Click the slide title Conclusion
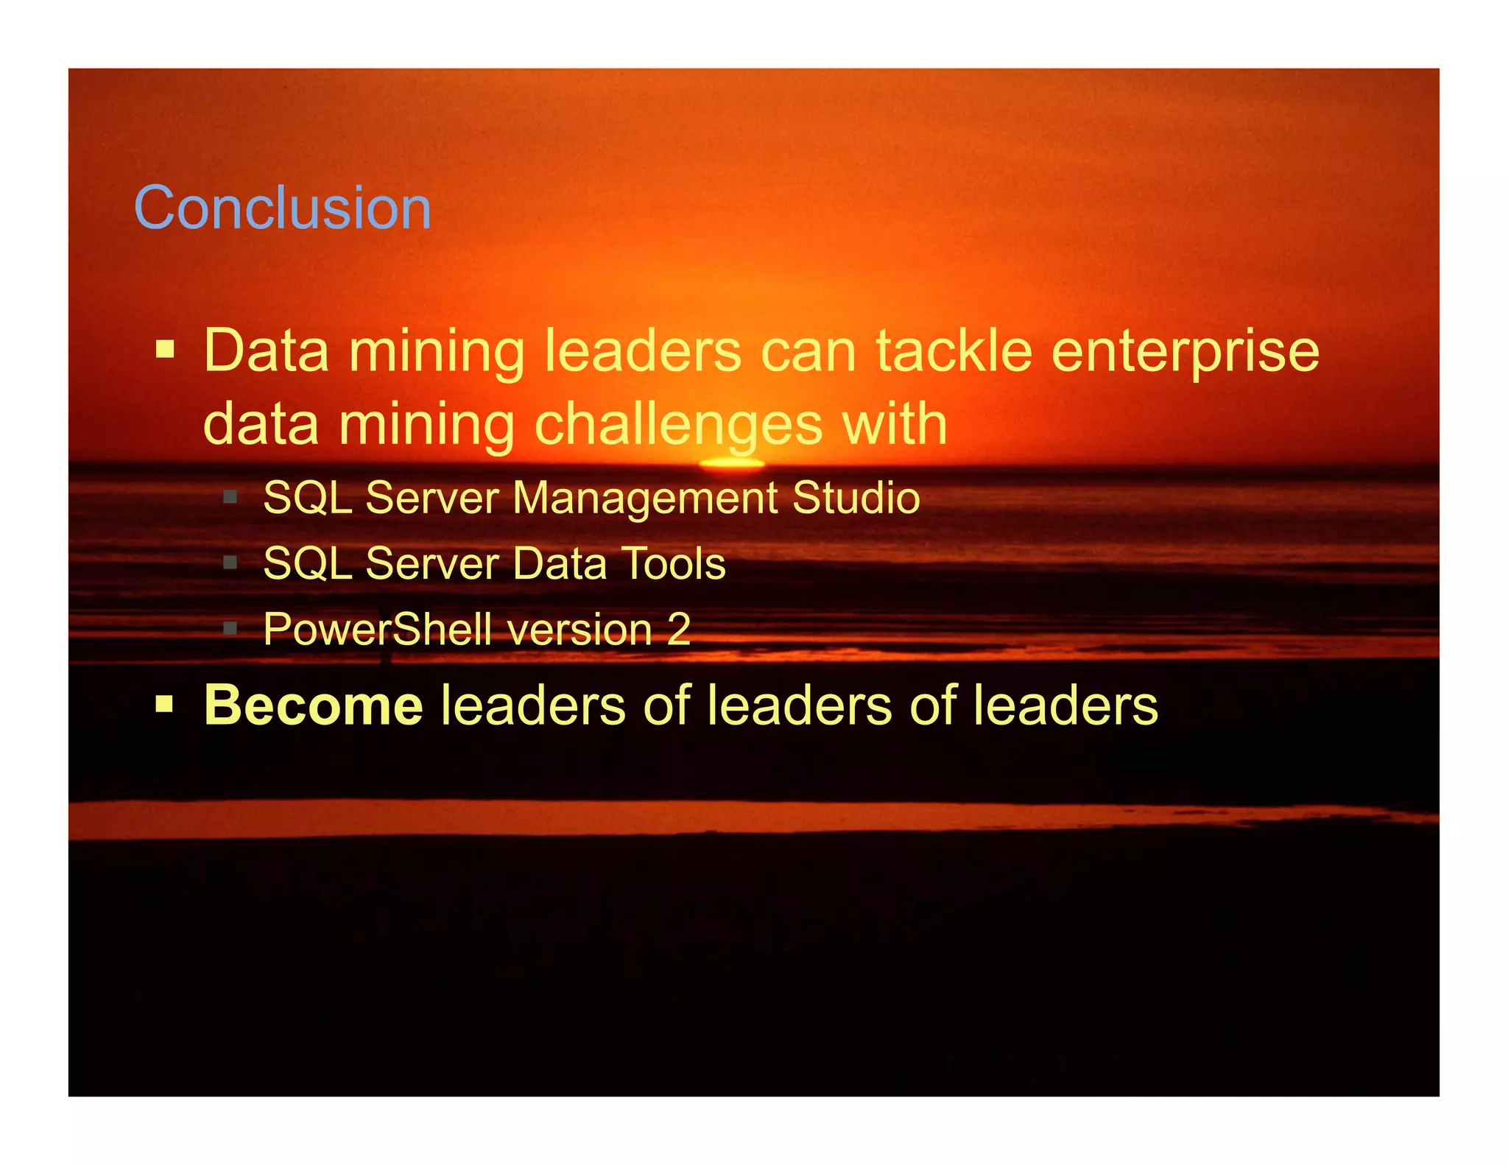(282, 208)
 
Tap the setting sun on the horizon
(731, 463)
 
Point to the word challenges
(678, 426)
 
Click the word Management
(645, 498)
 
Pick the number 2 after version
(679, 630)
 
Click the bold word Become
(313, 705)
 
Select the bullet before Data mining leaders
(165, 348)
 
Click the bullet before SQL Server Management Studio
(230, 497)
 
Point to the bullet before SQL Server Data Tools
(230, 563)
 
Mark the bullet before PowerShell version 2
(230, 629)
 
